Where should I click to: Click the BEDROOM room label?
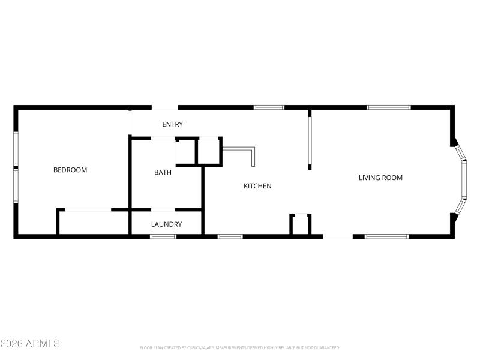pos(70,170)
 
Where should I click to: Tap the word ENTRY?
pos(172,124)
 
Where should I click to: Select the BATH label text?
pos(163,172)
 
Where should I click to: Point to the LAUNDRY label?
pos(166,224)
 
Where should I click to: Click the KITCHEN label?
pos(257,186)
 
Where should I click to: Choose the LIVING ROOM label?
pos(380,178)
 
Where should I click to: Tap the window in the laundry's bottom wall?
pos(163,236)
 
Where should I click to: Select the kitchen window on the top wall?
pos(269,107)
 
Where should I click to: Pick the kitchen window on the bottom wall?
pos(230,236)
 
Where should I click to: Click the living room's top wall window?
pos(389,107)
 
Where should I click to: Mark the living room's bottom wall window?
pos(386,236)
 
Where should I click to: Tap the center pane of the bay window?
pos(464,179)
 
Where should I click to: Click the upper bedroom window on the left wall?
pos(16,149)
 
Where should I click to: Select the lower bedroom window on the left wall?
pos(16,185)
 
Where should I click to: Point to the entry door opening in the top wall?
pos(164,108)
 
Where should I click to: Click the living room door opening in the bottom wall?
pos(338,236)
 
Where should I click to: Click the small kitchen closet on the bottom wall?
pos(300,225)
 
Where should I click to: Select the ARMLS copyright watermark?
pos(30,344)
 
